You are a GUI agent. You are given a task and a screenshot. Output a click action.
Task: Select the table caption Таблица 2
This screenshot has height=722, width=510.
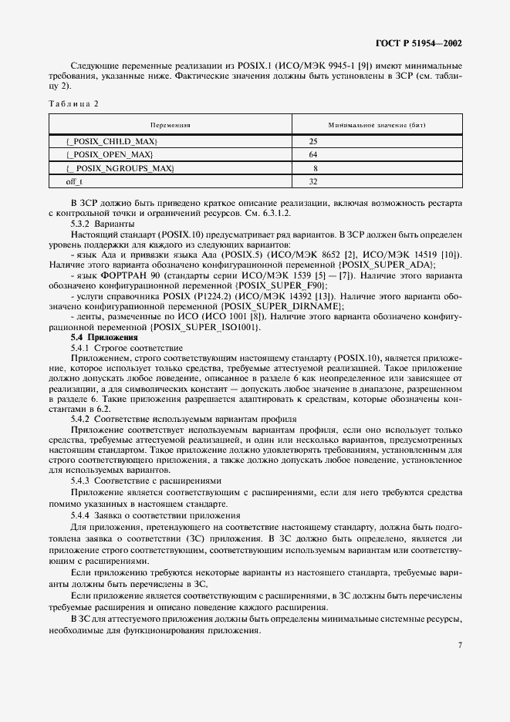tap(74, 103)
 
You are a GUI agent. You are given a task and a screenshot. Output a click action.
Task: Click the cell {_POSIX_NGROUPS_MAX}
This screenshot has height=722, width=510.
tap(120, 168)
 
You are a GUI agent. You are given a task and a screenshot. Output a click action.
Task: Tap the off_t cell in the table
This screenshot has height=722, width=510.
tap(75, 181)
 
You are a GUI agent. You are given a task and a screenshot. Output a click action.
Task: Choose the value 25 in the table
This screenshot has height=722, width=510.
tap(313, 142)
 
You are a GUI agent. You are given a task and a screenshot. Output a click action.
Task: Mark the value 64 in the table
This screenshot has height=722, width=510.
tap(313, 155)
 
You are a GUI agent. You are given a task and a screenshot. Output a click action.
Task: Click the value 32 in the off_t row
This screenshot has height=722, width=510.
tap(313, 181)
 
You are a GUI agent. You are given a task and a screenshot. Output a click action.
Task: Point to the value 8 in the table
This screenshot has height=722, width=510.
tap(316, 168)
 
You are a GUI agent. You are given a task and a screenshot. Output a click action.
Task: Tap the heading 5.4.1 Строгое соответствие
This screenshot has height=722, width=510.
tap(122, 349)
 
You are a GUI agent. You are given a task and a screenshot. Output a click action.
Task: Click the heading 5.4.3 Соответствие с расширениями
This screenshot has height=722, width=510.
tap(134, 481)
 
